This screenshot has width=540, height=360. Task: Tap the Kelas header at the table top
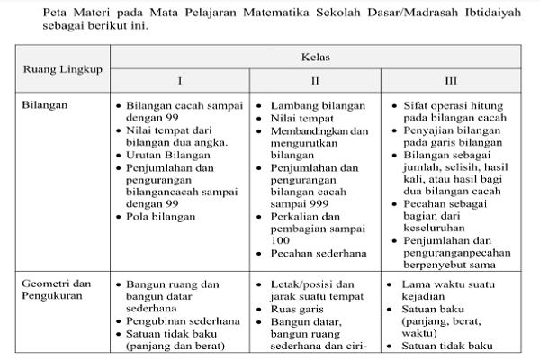pyautogui.click(x=314, y=56)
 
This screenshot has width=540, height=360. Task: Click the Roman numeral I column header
pyautogui.click(x=178, y=79)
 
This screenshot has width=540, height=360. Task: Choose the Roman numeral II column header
pyautogui.click(x=315, y=79)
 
